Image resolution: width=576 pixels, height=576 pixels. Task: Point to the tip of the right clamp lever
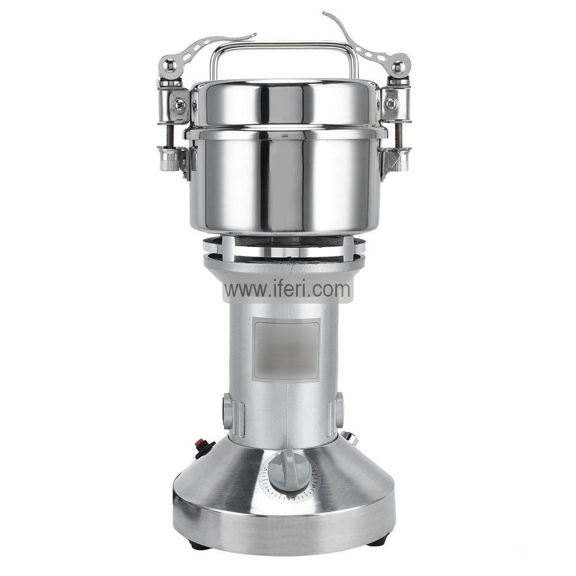[324, 14]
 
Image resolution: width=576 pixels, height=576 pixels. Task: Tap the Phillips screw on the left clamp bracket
[181, 105]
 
